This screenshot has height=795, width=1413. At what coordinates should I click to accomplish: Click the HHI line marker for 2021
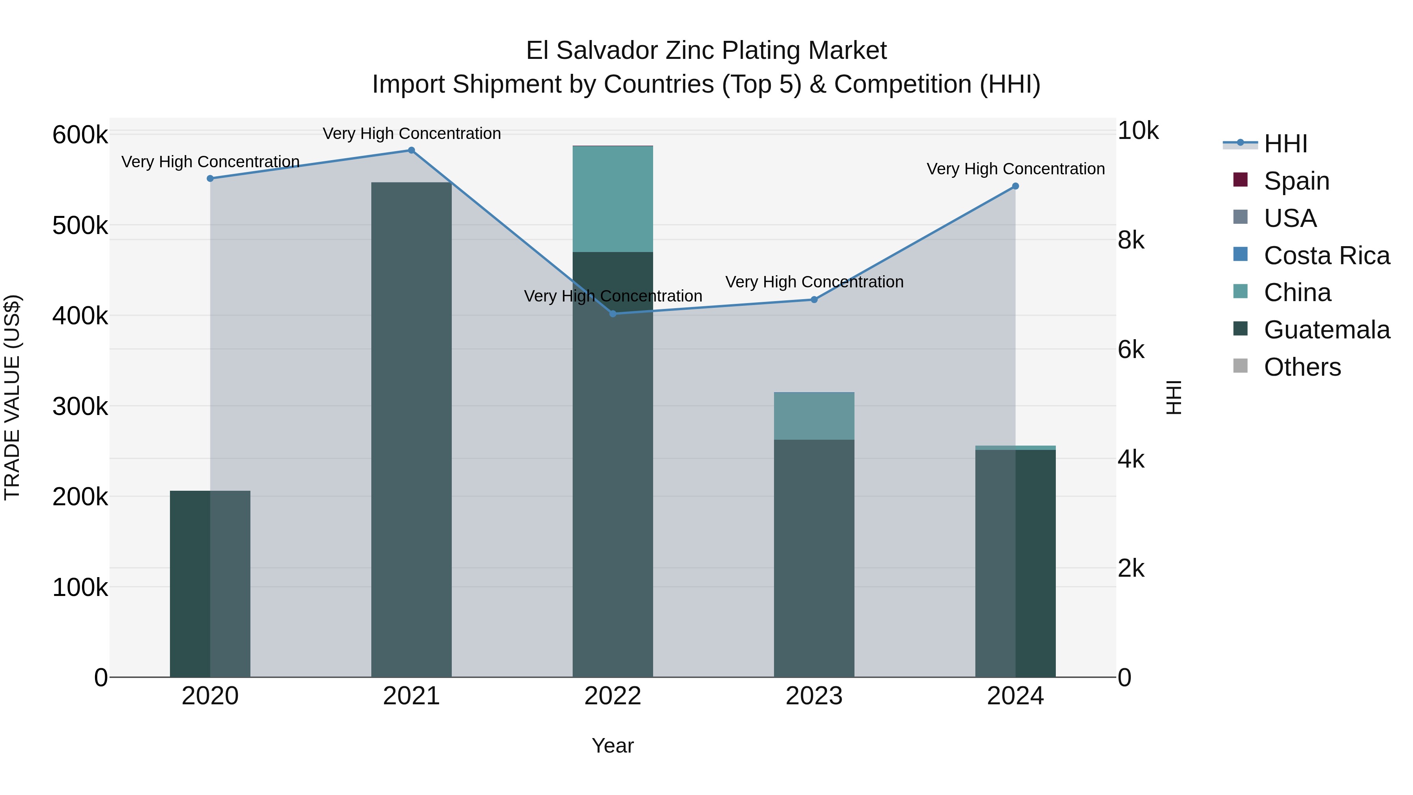411,150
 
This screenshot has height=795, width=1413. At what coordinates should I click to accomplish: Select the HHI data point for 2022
613,314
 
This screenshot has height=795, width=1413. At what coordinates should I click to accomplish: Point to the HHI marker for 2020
210,178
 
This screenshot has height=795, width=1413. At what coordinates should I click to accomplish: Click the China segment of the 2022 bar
613,199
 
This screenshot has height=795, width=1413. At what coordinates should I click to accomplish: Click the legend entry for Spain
1296,181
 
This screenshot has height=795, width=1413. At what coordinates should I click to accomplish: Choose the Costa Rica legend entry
1326,256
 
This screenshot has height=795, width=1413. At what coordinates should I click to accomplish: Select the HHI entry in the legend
1285,144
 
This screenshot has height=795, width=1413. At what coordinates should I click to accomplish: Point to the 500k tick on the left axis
80,225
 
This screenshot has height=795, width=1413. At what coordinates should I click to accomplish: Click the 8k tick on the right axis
1131,240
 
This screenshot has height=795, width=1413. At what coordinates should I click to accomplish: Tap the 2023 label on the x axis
814,696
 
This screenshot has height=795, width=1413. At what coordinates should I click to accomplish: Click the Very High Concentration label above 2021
411,133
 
